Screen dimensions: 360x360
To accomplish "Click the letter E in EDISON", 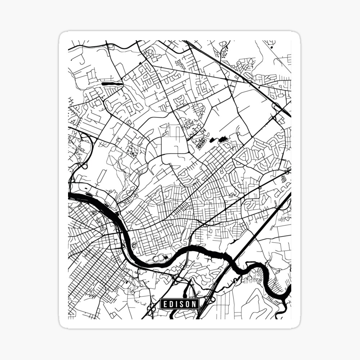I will click(165, 304).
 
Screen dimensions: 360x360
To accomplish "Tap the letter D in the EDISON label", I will click(171, 304).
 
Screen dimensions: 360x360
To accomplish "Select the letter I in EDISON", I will click(176, 304).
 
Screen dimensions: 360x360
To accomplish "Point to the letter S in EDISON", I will click(181, 304).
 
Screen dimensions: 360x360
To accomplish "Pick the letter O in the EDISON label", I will click(188, 304).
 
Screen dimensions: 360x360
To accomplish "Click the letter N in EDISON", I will click(194, 304).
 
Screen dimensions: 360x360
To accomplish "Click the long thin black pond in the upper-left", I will click(112, 84).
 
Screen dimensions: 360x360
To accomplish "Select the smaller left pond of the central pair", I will click(211, 140).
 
